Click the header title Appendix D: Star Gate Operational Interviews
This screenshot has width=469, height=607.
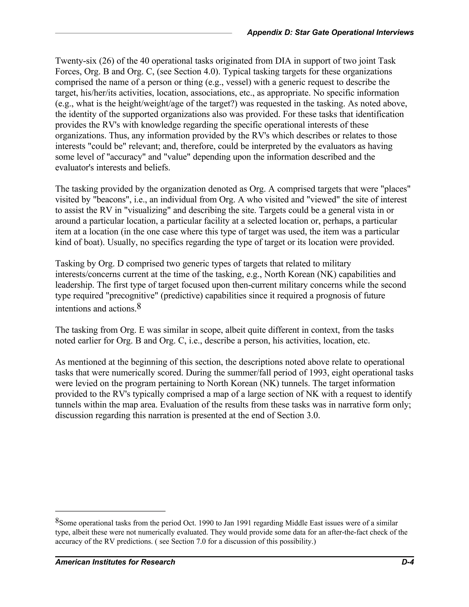(x=330, y=33)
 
